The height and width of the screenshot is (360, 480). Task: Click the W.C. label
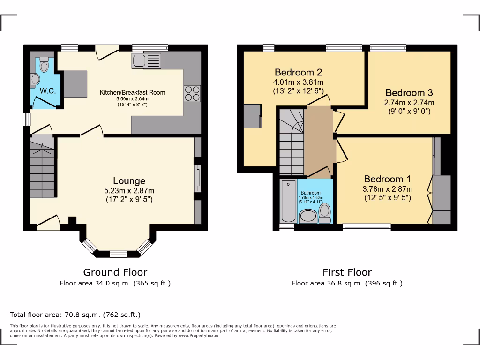point(48,90)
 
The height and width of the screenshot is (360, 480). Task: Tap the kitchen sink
point(147,60)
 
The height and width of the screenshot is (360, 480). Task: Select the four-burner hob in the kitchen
point(192,94)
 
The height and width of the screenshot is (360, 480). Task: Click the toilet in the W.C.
point(45,65)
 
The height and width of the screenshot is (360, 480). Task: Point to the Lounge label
point(129,180)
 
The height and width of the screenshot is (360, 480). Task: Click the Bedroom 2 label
point(298,72)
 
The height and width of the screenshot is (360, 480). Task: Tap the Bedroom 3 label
point(409,92)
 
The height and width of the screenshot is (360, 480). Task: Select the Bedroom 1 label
point(387,179)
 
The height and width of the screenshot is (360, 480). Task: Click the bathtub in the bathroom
point(288,201)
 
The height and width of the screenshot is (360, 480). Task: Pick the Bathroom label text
point(310,193)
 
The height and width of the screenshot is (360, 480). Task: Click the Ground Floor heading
point(115,272)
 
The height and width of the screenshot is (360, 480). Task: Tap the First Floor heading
point(347,272)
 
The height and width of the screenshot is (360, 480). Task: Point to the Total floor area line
point(75,315)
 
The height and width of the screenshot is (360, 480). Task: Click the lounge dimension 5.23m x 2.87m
point(129,190)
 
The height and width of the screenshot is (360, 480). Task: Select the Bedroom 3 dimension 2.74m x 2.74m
point(409,103)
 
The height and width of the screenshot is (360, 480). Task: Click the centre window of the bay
point(119,254)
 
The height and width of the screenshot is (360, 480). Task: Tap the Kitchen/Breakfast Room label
point(132,92)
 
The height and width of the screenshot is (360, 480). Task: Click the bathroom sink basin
point(308,216)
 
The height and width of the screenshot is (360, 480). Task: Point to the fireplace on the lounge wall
point(198,179)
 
